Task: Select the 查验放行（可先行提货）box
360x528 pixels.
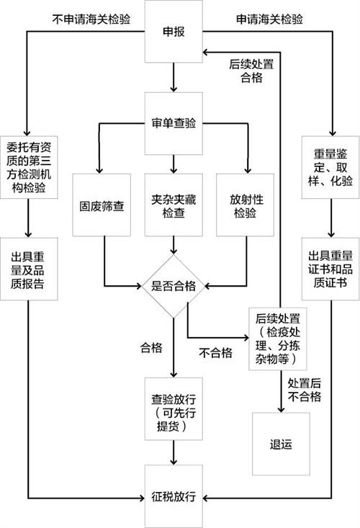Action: click(174, 407)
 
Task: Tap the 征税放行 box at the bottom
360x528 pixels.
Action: click(174, 497)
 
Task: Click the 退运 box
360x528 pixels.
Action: click(280, 443)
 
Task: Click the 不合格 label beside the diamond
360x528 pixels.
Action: click(215, 352)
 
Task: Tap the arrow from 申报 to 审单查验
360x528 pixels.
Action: click(174, 78)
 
